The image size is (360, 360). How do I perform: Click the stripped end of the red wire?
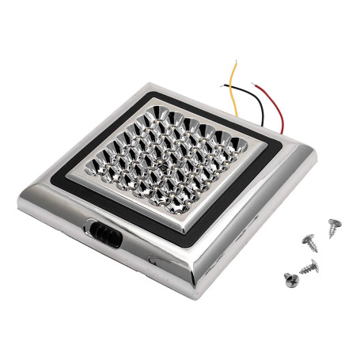click(255, 85)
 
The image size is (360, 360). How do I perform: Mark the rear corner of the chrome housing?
click(146, 85)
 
